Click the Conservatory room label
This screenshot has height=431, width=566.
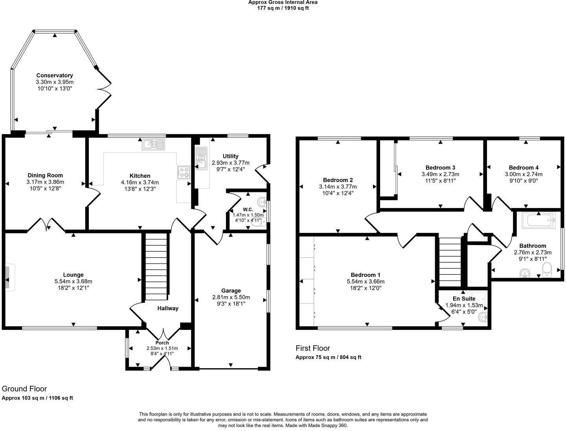point(55,76)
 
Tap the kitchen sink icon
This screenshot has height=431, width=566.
point(154,145)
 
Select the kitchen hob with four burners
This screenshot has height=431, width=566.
point(184,172)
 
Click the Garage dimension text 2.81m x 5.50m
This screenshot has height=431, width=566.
point(231,297)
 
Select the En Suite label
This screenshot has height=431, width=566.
point(464,298)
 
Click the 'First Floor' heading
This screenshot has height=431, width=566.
point(313,348)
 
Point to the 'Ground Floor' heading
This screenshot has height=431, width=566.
point(24,389)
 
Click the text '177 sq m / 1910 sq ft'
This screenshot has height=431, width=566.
point(283,8)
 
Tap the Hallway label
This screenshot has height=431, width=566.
point(168,308)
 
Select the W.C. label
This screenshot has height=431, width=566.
point(248,209)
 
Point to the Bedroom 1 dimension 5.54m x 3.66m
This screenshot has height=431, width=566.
point(366,282)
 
